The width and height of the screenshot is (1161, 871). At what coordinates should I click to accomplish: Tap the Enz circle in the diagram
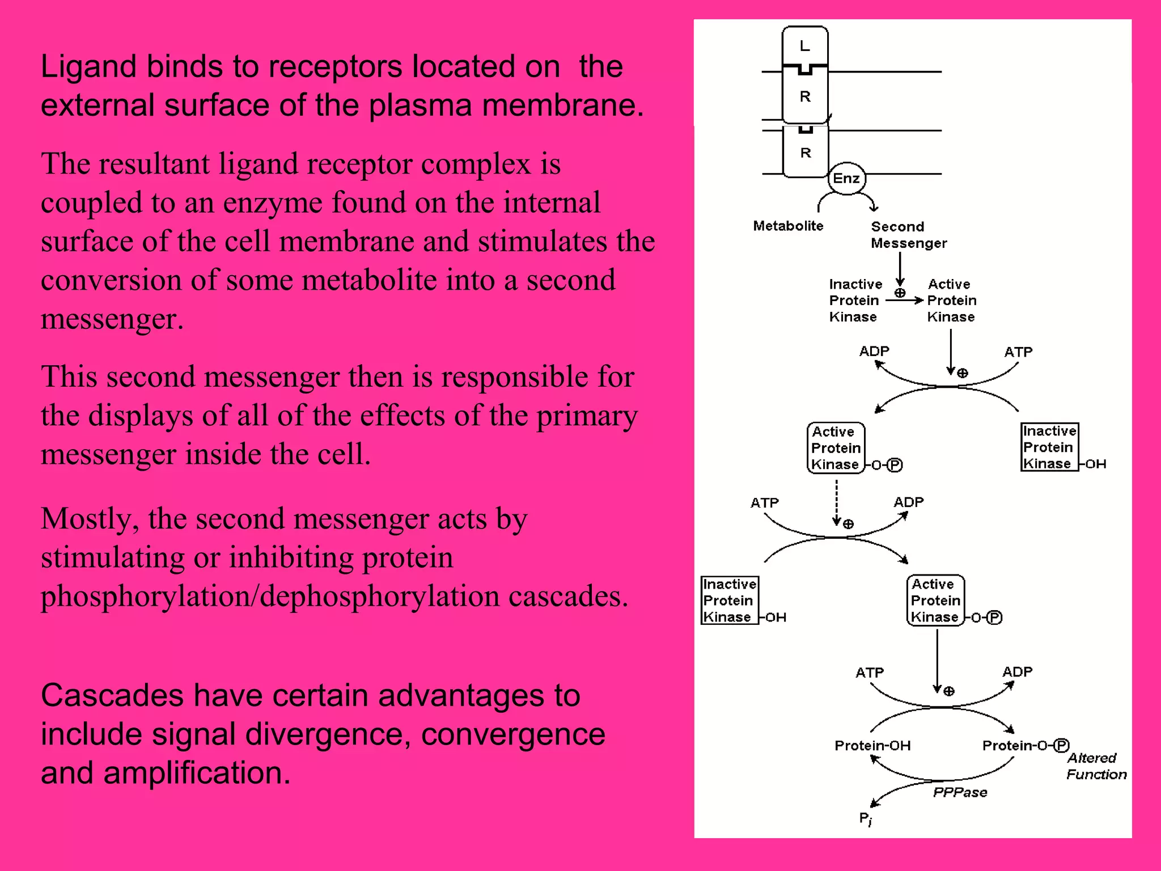[846, 179]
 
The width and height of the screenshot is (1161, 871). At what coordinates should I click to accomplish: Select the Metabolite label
[788, 226]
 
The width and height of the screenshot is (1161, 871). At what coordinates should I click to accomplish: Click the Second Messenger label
[908, 235]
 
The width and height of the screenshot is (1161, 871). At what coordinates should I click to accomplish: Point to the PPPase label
[960, 792]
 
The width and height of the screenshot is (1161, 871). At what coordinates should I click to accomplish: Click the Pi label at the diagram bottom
[865, 818]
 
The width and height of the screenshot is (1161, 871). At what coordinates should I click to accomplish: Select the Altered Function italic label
[1096, 766]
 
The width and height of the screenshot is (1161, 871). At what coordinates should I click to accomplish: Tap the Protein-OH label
[872, 746]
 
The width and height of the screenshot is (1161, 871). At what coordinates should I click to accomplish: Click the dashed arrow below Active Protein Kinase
[837, 502]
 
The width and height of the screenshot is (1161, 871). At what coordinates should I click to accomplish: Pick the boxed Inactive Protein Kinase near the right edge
[1049, 447]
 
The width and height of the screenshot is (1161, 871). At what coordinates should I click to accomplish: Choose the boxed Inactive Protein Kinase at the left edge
[729, 600]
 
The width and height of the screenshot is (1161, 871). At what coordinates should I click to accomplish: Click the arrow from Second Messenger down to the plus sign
[900, 269]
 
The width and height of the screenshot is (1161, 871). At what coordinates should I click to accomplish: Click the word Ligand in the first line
[88, 67]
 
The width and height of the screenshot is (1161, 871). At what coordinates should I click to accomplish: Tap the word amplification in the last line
[197, 773]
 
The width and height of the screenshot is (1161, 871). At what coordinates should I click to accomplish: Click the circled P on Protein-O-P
[1061, 745]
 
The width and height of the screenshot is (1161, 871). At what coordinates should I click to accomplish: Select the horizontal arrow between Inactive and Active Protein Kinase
[904, 301]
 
